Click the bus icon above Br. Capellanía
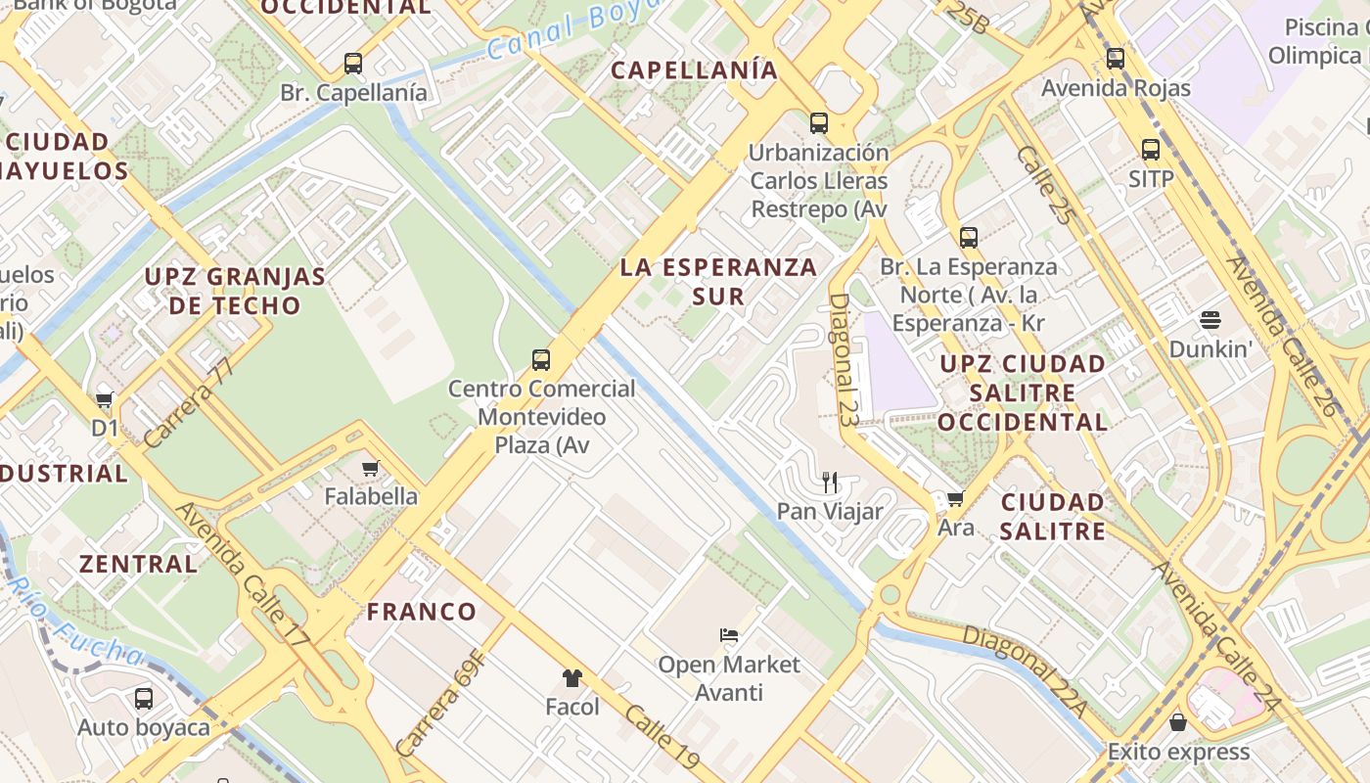[353, 64]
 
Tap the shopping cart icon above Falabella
[370, 468]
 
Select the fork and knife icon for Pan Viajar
[830, 482]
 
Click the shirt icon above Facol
[571, 677]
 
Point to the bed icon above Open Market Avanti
[728, 635]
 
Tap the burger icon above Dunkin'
[1210, 320]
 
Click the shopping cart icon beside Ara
[955, 498]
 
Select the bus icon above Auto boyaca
[144, 698]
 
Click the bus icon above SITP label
[1151, 150]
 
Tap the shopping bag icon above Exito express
[1178, 722]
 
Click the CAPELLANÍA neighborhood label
[694, 69]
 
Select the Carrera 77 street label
[191, 403]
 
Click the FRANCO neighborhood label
[422, 612]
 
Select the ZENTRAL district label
[138, 564]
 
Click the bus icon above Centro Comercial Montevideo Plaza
[541, 359]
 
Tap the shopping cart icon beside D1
[105, 399]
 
